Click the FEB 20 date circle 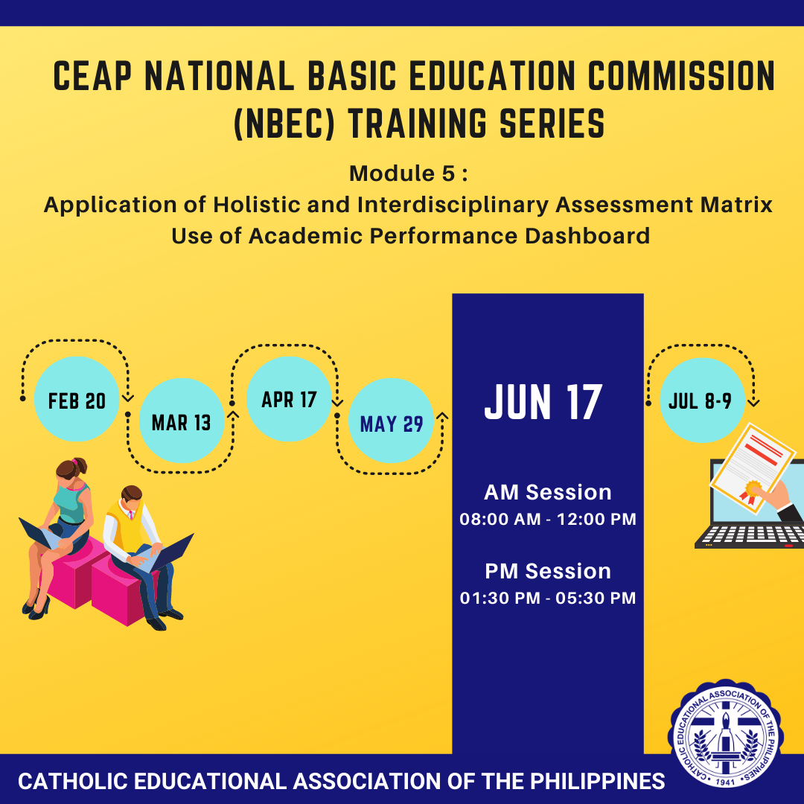tap(77, 399)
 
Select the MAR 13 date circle tap(182, 421)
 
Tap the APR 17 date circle tap(289, 399)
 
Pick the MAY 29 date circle tap(392, 421)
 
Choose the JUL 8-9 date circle tap(703, 400)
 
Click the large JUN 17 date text tap(543, 403)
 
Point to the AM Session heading tap(548, 492)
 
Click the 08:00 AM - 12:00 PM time tap(548, 519)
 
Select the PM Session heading tap(548, 571)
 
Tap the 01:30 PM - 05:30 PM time tap(548, 598)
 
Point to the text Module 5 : tap(408, 173)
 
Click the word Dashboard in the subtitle tap(587, 236)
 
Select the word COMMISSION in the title tap(681, 76)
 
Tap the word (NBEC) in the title tap(284, 124)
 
